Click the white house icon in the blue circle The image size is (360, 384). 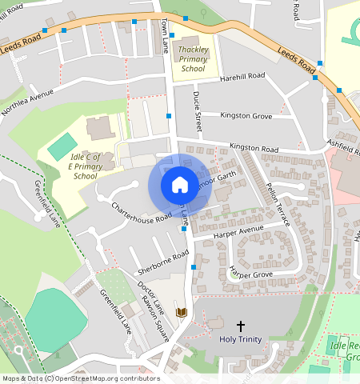pyautogui.click(x=180, y=186)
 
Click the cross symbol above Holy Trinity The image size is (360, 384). pyautogui.click(x=240, y=326)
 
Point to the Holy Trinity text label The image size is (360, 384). pyautogui.click(x=240, y=339)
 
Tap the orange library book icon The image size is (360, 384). pyautogui.click(x=181, y=312)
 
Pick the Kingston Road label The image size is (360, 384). pyautogui.click(x=253, y=149)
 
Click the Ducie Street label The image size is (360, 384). pyautogui.click(x=198, y=109)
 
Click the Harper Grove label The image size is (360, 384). pyautogui.click(x=250, y=274)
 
